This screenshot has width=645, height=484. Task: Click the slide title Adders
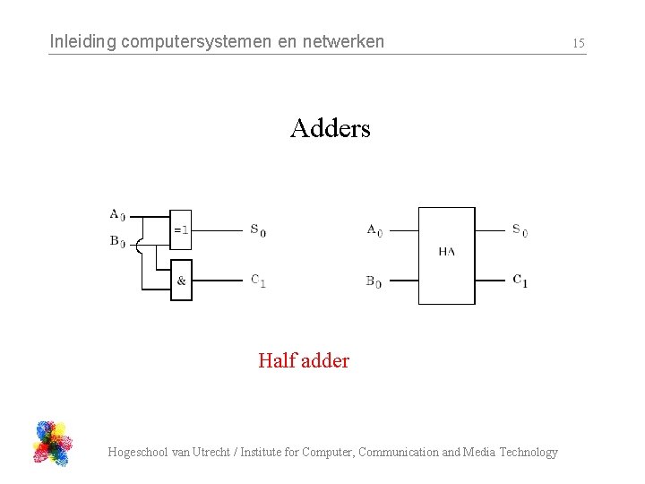(x=330, y=129)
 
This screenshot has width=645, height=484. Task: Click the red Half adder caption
(x=303, y=361)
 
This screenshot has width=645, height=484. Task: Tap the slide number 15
(x=578, y=43)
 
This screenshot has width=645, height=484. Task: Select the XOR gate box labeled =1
(x=180, y=230)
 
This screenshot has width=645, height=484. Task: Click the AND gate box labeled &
(x=181, y=281)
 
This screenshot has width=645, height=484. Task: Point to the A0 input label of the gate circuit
(x=117, y=215)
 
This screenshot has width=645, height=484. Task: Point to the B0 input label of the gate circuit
(x=117, y=241)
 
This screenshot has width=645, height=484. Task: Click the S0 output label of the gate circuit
(x=257, y=230)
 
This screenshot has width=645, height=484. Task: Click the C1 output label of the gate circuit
(x=257, y=281)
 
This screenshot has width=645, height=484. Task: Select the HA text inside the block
(x=446, y=252)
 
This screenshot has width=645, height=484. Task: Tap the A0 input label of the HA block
(x=374, y=230)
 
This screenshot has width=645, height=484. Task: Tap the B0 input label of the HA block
(x=374, y=281)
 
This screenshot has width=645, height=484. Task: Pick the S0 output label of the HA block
(x=520, y=230)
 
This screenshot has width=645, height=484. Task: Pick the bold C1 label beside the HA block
(x=520, y=281)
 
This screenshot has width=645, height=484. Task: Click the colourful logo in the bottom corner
(x=52, y=443)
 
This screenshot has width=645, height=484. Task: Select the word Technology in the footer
(x=528, y=453)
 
